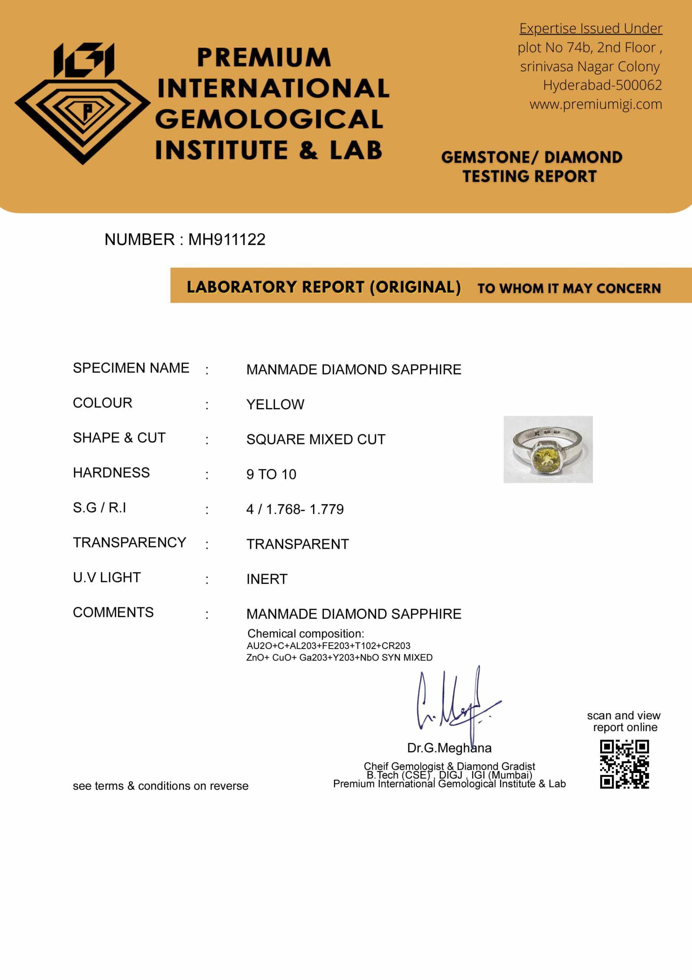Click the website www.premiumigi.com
pyautogui.click(x=596, y=104)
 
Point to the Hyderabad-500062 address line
pyautogui.click(x=602, y=85)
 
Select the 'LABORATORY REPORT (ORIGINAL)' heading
pyautogui.click(x=323, y=287)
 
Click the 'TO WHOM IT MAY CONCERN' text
pyautogui.click(x=569, y=289)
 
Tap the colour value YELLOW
pyautogui.click(x=275, y=404)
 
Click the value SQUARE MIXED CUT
pyautogui.click(x=315, y=439)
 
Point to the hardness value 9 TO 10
pyautogui.click(x=271, y=474)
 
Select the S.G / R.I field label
pyautogui.click(x=99, y=508)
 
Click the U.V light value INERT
pyautogui.click(x=267, y=579)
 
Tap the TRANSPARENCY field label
pyautogui.click(x=129, y=542)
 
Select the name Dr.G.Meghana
pyautogui.click(x=449, y=748)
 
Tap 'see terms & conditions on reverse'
pyautogui.click(x=160, y=786)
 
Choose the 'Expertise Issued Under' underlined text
pyautogui.click(x=591, y=29)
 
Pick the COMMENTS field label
pyautogui.click(x=113, y=612)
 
